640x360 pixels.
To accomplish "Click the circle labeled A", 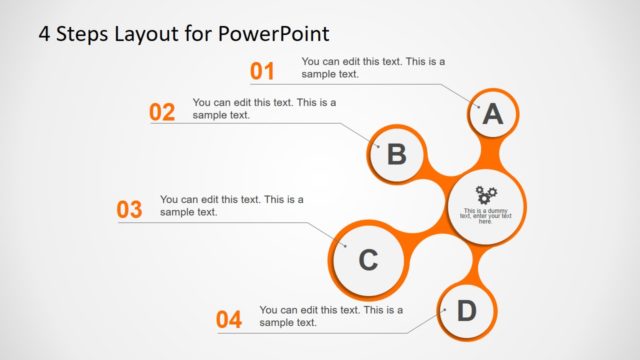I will tap(492, 115).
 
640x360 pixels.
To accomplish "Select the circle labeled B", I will tap(396, 154).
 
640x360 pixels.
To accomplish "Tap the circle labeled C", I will tap(368, 260).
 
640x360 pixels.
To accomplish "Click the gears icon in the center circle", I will tap(486, 194).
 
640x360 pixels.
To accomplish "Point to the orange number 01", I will tap(262, 71).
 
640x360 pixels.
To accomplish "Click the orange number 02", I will tap(162, 112).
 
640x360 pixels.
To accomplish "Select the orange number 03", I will tap(130, 210).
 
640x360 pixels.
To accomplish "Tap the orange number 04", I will tap(229, 320).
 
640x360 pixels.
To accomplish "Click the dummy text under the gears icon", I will tap(486, 215).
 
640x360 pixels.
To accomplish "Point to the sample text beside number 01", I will tap(373, 67).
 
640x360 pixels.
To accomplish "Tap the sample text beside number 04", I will tap(331, 316).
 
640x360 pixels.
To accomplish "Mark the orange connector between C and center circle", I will tap(425, 239).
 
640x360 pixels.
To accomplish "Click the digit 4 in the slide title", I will tap(44, 33).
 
